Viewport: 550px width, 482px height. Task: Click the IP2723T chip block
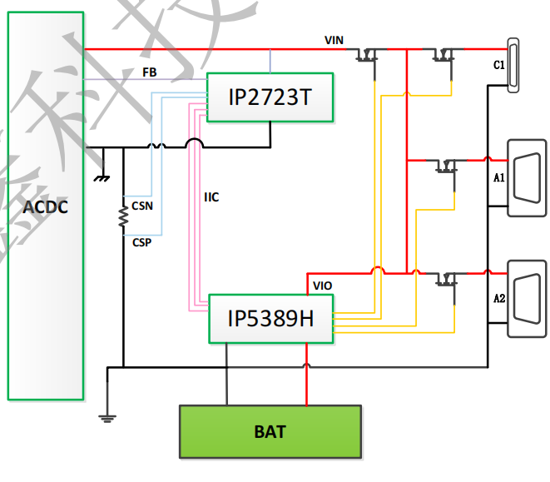point(270,97)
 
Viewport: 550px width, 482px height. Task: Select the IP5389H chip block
point(270,317)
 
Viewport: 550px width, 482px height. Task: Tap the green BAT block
point(270,431)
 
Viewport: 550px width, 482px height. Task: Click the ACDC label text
point(45,206)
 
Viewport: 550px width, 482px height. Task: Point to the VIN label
point(334,40)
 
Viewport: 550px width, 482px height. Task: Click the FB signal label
point(150,72)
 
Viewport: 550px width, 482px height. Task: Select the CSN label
point(141,204)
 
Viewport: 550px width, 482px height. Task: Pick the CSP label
point(141,241)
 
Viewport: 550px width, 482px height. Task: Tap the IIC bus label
point(211,197)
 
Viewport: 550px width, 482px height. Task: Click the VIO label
point(323,286)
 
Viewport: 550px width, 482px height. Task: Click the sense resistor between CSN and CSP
point(123,217)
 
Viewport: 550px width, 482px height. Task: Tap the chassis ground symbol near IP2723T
point(102,176)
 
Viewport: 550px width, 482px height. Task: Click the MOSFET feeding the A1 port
point(448,165)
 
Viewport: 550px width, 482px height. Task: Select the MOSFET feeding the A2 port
point(448,279)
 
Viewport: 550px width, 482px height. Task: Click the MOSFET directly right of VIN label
point(366,55)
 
